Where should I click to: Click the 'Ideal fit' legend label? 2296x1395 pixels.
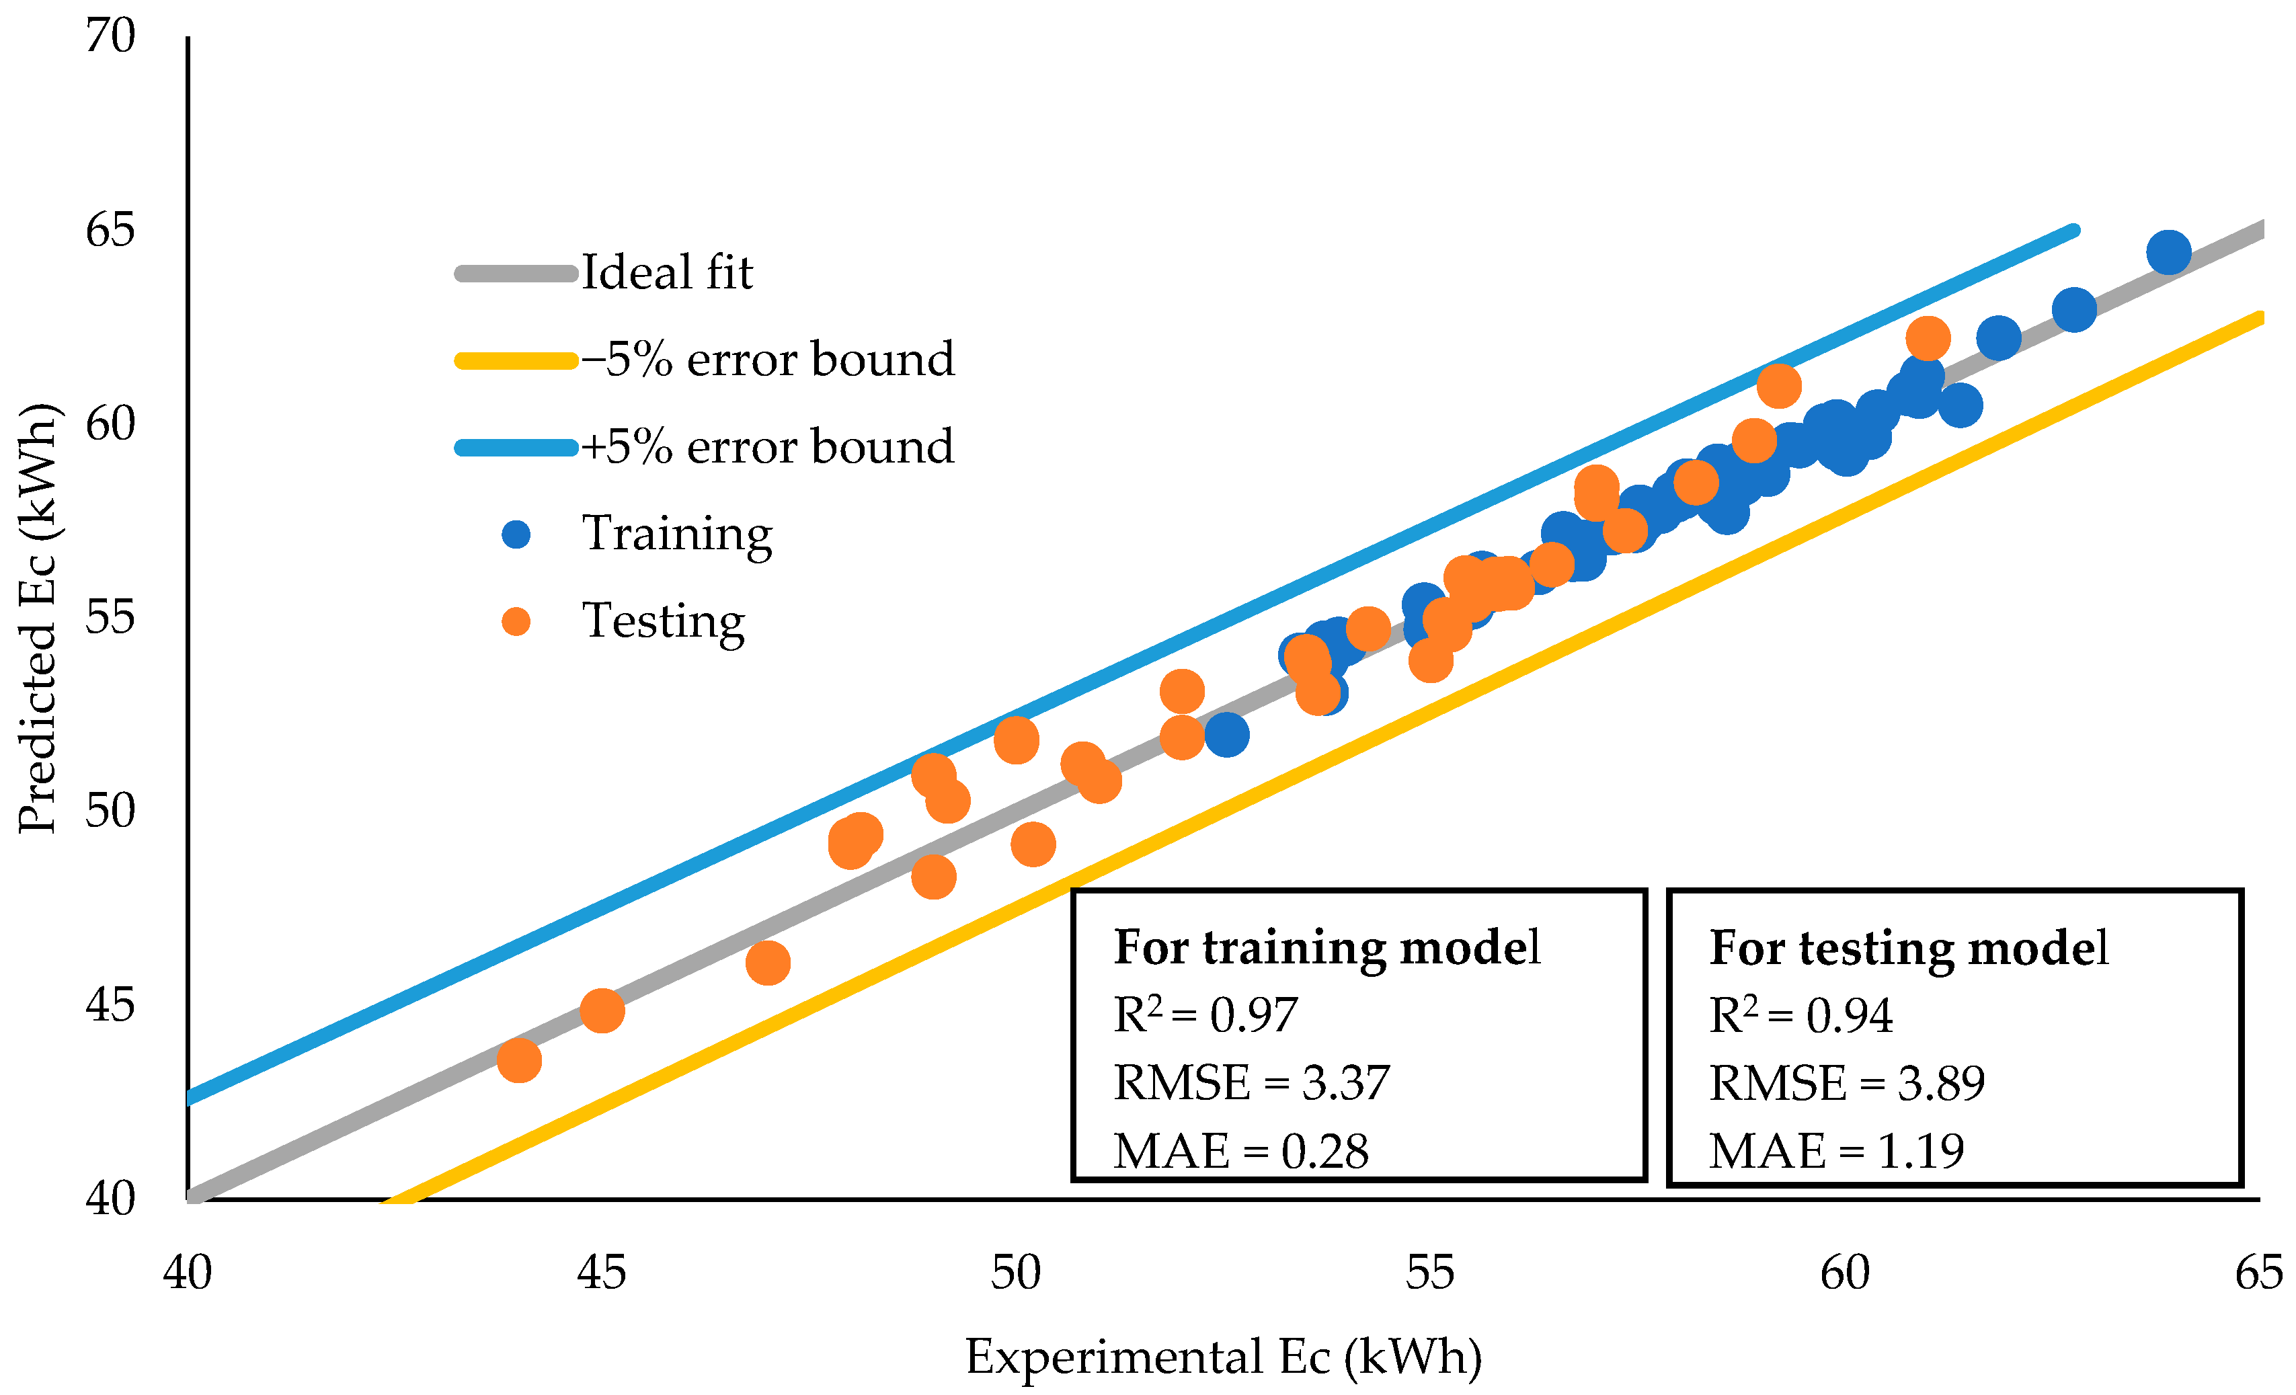[666, 272]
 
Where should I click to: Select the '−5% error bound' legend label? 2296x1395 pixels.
[768, 359]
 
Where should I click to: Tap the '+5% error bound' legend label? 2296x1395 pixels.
[768, 446]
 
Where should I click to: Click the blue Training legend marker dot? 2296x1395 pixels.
[515, 534]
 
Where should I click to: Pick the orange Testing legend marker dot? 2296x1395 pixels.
[515, 622]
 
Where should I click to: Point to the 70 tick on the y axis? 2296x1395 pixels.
[111, 37]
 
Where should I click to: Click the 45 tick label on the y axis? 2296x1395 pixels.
[111, 1004]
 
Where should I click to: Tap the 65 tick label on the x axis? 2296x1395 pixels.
[2259, 1272]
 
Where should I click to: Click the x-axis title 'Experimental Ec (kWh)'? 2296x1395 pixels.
[1222, 1356]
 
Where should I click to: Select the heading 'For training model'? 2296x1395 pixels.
[1326, 948]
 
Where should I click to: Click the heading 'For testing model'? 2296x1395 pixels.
[1907, 948]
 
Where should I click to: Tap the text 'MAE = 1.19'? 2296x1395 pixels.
[1835, 1151]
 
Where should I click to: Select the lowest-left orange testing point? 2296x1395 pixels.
[519, 1060]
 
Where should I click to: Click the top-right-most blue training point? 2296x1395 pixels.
[2168, 253]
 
